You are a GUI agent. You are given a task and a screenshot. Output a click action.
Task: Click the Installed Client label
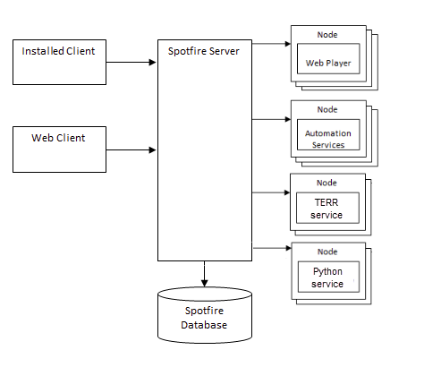pyautogui.click(x=58, y=51)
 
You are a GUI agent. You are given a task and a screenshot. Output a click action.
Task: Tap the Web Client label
pyautogui.click(x=58, y=138)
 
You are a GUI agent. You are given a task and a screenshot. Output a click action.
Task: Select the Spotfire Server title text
pyautogui.click(x=204, y=51)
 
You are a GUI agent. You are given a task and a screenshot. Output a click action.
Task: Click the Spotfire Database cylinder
pyautogui.click(x=205, y=315)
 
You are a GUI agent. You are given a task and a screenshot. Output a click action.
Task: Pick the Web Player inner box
pyautogui.click(x=328, y=59)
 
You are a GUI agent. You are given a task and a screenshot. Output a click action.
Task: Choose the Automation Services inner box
pyautogui.click(x=328, y=134)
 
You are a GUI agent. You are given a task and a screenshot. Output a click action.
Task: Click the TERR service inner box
pyautogui.click(x=327, y=208)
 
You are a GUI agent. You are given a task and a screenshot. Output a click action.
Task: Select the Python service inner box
pyautogui.click(x=328, y=277)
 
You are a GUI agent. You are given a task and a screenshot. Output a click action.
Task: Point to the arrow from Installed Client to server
pyautogui.click(x=131, y=63)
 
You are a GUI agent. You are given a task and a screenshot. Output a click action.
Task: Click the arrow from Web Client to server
pyautogui.click(x=131, y=149)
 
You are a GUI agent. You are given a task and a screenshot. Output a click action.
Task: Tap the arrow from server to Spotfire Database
pyautogui.click(x=204, y=274)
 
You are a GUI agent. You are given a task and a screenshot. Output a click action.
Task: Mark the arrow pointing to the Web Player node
pyautogui.click(x=271, y=44)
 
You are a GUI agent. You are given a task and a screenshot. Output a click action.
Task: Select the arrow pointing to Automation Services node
pyautogui.click(x=271, y=119)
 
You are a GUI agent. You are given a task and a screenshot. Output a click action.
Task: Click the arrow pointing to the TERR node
pyautogui.click(x=271, y=192)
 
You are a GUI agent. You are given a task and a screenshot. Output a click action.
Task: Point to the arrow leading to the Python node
pyautogui.click(x=272, y=248)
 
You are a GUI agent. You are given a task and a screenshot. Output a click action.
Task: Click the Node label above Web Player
pyautogui.click(x=327, y=35)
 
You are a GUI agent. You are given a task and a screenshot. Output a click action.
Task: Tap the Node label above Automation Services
pyautogui.click(x=327, y=110)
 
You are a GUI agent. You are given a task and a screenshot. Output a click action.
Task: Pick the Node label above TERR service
pyautogui.click(x=326, y=183)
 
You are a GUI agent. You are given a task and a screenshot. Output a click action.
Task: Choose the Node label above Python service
pyautogui.click(x=327, y=252)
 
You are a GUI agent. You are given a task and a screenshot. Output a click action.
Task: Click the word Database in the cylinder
pyautogui.click(x=204, y=325)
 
